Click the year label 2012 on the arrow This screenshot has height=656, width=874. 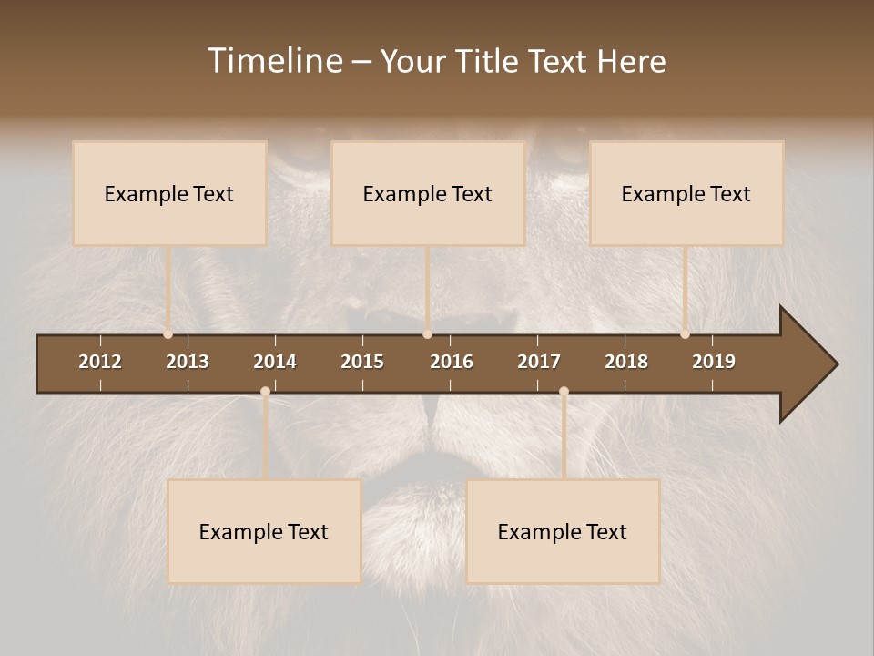coord(100,362)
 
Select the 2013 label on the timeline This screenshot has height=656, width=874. coord(188,362)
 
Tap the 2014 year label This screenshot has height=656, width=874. coord(275,362)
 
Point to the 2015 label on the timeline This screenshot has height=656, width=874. coord(362,362)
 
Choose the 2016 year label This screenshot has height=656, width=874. coord(452,362)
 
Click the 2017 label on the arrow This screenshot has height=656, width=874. coord(539,362)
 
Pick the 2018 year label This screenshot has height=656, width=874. coord(626,362)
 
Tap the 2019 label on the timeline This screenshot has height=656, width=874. coord(714,362)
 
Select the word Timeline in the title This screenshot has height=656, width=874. coord(274,61)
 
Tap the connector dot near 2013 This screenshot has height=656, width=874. coord(168,334)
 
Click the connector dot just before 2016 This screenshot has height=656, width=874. coord(427,334)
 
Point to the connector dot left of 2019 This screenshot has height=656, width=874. coord(686,334)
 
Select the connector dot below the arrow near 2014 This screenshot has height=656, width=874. coord(265,392)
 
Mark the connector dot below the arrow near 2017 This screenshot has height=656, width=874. coord(564,392)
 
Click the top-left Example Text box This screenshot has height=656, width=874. coord(169,193)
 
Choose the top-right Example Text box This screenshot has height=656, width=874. coord(686,193)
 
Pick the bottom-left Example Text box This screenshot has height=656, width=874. coord(264,531)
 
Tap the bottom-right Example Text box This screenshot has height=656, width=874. coord(563,531)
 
